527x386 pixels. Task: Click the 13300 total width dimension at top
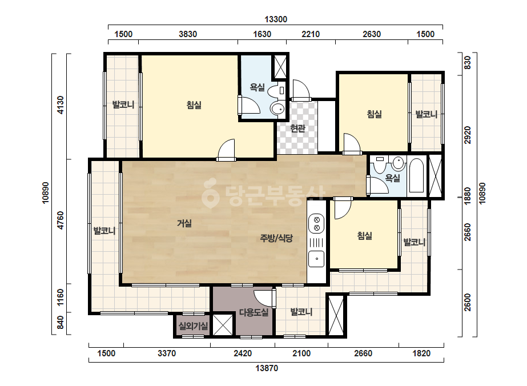(276, 19)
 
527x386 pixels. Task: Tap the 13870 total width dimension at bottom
(267, 368)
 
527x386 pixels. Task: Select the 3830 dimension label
(188, 34)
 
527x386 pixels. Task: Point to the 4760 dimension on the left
(61, 220)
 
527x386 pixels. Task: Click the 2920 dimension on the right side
(468, 135)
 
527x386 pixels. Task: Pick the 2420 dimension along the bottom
(243, 353)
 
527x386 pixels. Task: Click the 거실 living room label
(184, 223)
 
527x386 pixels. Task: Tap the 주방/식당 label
(276, 238)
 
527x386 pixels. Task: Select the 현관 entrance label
(297, 128)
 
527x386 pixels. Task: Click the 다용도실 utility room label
(254, 312)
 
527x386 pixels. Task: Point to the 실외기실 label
(193, 325)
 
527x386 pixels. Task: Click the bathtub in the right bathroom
(416, 175)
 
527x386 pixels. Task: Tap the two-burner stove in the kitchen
(316, 224)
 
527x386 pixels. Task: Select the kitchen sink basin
(316, 259)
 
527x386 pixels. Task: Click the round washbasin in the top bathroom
(277, 108)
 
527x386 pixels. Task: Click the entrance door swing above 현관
(300, 90)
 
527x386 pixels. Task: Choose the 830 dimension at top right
(468, 63)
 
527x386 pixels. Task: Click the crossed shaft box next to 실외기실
(223, 324)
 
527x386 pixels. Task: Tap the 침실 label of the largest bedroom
(194, 105)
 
